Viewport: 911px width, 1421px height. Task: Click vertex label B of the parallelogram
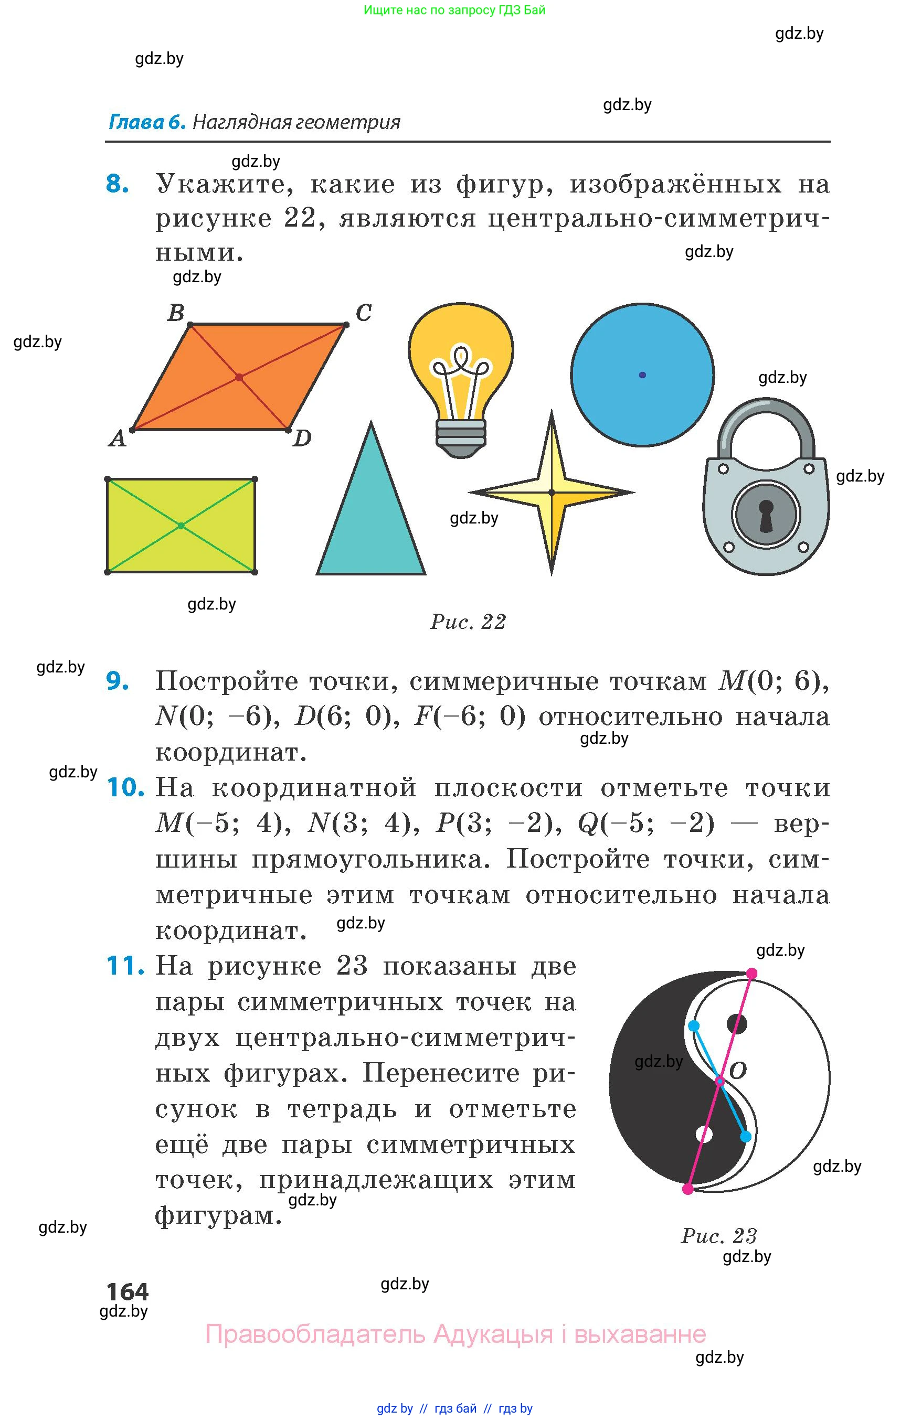(176, 313)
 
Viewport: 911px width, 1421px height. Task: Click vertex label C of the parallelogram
(363, 313)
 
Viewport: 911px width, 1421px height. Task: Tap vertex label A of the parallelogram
(118, 439)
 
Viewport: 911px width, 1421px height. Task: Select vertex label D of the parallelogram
(302, 439)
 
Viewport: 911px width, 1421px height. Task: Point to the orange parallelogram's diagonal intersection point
(239, 377)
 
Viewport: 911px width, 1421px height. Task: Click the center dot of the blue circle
(642, 375)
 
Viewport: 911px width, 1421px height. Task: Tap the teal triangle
(371, 520)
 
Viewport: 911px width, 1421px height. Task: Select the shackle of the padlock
(766, 420)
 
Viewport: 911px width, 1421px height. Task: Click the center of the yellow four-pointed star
(552, 493)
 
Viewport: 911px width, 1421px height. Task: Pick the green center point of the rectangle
(181, 526)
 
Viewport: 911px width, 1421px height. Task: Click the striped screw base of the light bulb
(461, 435)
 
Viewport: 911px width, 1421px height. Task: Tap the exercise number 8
(117, 184)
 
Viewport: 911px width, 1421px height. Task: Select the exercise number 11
(125, 966)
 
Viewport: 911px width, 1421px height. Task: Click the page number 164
(127, 1291)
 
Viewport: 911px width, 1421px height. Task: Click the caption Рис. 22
(468, 622)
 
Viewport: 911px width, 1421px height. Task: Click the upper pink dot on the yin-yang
(751, 974)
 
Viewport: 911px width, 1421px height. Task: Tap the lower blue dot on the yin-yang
(746, 1137)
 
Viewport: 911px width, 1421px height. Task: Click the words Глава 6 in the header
(147, 122)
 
